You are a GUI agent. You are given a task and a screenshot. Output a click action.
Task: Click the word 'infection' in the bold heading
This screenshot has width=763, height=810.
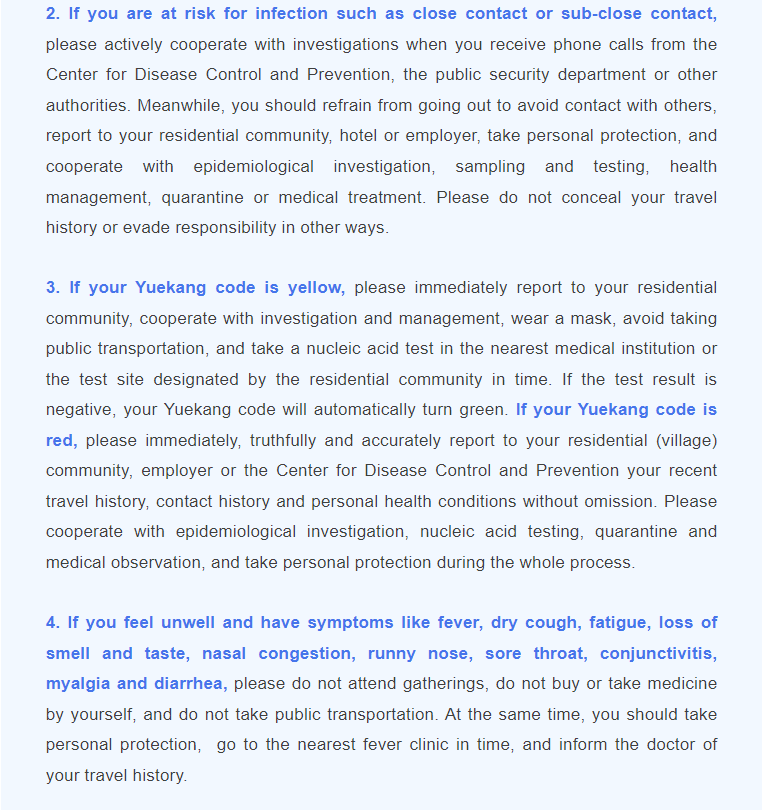(294, 14)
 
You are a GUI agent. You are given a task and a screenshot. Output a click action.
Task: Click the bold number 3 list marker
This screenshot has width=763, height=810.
(52, 288)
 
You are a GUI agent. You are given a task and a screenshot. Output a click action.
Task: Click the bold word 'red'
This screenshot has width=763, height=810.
(61, 440)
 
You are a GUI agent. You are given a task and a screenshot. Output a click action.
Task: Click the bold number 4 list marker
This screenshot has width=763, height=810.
(52, 623)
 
